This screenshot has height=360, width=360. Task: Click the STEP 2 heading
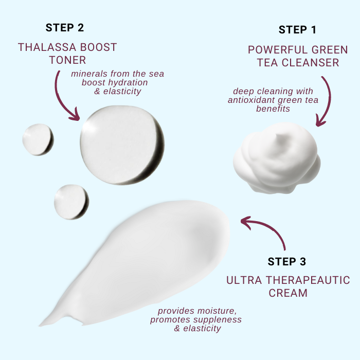(x=65, y=28)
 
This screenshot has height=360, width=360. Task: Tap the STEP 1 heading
(x=298, y=30)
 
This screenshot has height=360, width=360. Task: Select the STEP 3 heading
(x=287, y=261)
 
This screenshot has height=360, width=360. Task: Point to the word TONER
(x=67, y=60)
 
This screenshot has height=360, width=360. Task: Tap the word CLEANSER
(x=311, y=62)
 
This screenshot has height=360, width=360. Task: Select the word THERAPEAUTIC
(x=308, y=280)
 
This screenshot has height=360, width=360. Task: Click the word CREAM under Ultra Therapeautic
(x=288, y=293)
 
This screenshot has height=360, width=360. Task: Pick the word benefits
(x=273, y=109)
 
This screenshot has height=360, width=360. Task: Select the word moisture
(x=217, y=311)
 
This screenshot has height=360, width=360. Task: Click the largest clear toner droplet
(x=122, y=145)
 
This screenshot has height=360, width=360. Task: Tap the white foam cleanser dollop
(x=277, y=158)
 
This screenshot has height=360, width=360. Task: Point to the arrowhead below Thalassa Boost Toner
(x=75, y=116)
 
